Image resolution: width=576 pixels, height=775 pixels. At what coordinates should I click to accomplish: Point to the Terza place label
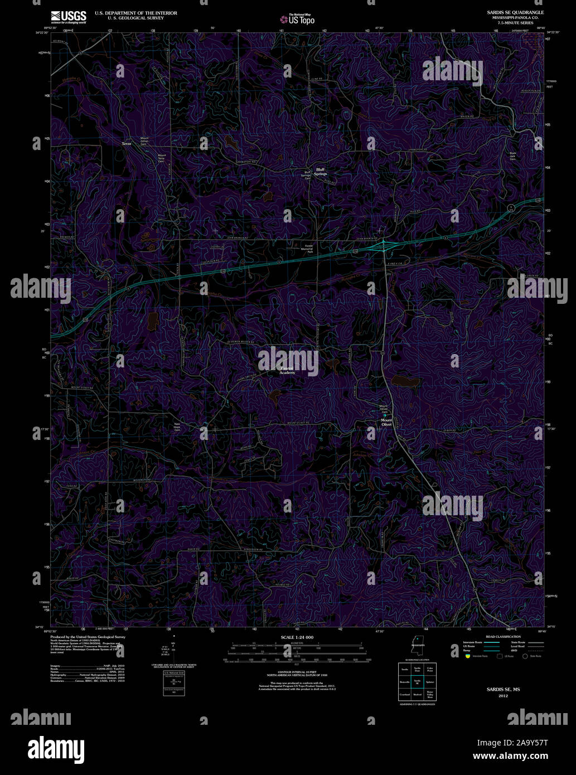pyautogui.click(x=127, y=144)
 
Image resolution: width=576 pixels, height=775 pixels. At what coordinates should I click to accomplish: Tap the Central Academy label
pyautogui.click(x=287, y=371)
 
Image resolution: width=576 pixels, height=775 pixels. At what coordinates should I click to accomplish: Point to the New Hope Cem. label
pyautogui.click(x=177, y=427)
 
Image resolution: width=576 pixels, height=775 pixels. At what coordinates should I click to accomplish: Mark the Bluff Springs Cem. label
pyautogui.click(x=306, y=175)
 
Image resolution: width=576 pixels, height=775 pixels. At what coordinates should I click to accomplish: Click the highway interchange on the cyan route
pyautogui.click(x=384, y=245)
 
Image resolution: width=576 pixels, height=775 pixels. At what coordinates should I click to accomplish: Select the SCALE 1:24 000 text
pyautogui.click(x=297, y=637)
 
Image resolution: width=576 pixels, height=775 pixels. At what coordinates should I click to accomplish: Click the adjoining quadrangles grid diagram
pyautogui.click(x=417, y=681)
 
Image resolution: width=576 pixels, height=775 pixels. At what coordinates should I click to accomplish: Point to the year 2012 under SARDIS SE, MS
pyautogui.click(x=503, y=696)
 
